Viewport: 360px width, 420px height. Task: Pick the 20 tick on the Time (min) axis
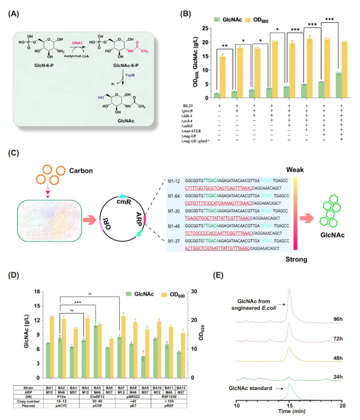(342, 405)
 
